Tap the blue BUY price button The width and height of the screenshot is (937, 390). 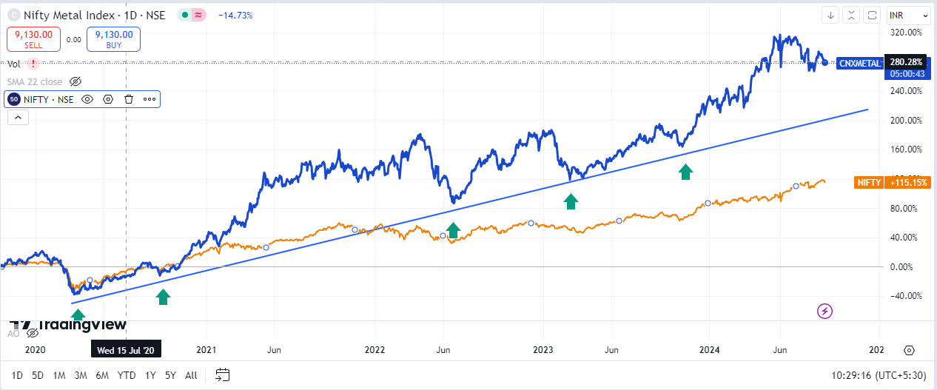113,39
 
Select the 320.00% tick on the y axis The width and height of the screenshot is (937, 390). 905,33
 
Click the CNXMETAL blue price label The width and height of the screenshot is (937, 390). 860,64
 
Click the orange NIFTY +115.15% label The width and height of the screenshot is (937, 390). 892,182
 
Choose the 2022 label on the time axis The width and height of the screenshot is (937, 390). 375,349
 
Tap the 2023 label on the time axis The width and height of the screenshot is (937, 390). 543,349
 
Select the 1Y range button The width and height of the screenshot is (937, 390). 150,375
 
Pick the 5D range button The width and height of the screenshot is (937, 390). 38,375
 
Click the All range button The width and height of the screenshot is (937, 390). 191,375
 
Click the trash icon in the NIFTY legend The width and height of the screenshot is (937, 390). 129,99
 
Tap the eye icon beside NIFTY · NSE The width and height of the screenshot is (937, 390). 87,99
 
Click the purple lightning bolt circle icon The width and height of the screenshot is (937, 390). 825,311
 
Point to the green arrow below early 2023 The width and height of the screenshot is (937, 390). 571,201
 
